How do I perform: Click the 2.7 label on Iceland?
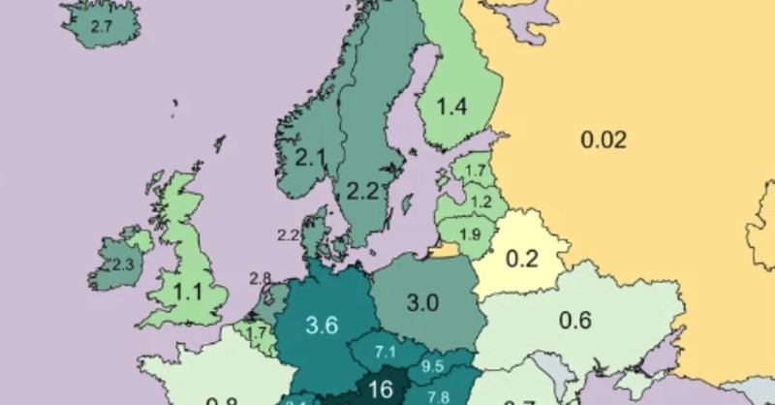[102, 28]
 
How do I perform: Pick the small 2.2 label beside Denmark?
[288, 235]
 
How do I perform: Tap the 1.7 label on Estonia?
[475, 172]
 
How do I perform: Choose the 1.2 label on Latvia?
[481, 202]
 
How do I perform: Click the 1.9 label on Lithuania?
[470, 234]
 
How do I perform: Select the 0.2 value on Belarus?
[523, 259]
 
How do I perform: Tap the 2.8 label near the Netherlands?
[260, 278]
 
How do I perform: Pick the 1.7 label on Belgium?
[256, 334]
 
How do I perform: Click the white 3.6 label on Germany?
[321, 326]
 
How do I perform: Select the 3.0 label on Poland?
[422, 303]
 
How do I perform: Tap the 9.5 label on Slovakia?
[433, 365]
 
